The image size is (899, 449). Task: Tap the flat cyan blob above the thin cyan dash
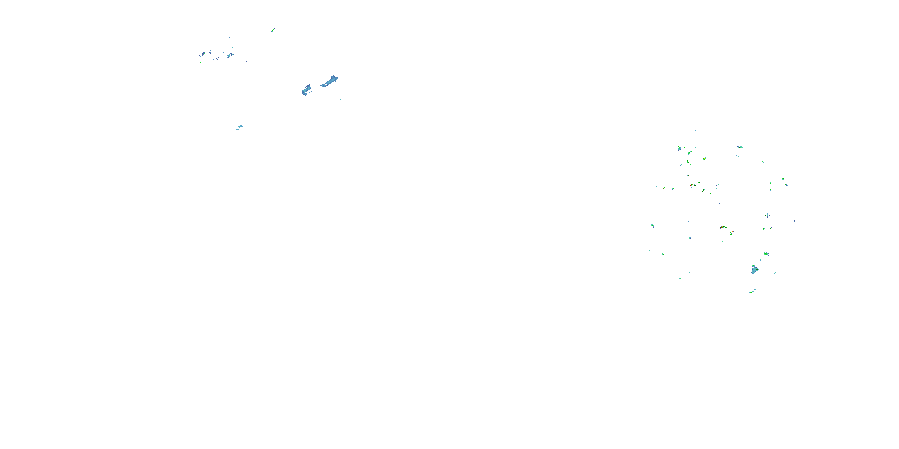point(240,126)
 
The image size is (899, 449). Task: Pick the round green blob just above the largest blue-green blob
point(766,254)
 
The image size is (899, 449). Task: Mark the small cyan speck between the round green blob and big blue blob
point(761,260)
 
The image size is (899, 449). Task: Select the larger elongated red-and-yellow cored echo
point(723,227)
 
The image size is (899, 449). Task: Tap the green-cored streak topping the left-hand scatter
point(273,30)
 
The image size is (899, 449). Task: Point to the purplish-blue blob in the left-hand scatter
point(202,54)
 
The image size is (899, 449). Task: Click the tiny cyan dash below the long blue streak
point(341,100)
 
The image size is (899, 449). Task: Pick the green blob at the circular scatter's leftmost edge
point(652,225)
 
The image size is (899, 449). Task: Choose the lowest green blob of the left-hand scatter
point(201,63)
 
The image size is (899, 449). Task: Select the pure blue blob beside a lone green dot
point(716,186)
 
